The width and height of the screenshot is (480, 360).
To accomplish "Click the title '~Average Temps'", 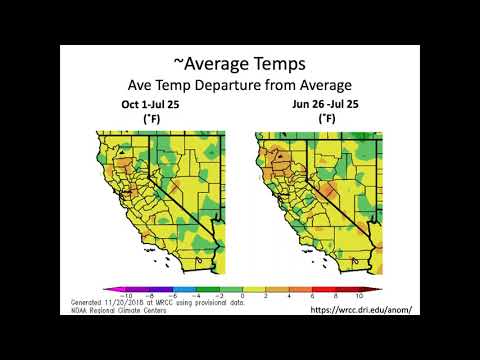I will [x=239, y=64].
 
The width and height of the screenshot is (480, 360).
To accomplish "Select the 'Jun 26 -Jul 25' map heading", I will [x=325, y=104].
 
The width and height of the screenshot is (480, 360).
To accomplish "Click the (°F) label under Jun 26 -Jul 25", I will [x=326, y=118].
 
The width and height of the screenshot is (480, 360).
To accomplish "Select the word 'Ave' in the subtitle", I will [x=164, y=86].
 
